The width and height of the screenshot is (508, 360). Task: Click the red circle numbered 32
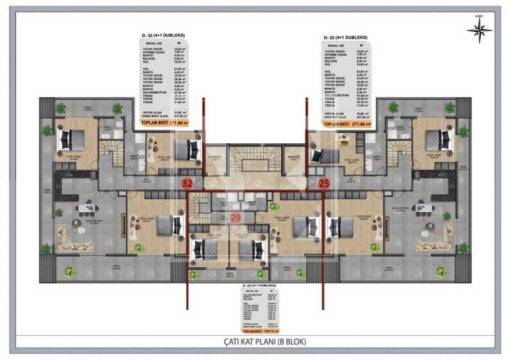(x=187, y=183)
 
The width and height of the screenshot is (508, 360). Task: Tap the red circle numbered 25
(x=324, y=183)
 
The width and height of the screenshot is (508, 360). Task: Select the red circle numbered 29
(x=236, y=217)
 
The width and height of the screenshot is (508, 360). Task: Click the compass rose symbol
(x=479, y=31)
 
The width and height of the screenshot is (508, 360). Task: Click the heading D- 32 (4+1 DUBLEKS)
(x=163, y=36)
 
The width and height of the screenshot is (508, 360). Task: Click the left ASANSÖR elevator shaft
(x=215, y=160)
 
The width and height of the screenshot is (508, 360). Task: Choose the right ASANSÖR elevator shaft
(x=294, y=160)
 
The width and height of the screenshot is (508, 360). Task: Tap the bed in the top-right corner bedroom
(x=440, y=140)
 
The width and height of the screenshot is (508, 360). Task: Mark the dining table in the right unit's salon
(x=422, y=208)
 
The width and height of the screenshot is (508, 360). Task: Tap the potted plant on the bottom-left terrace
(x=70, y=271)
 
